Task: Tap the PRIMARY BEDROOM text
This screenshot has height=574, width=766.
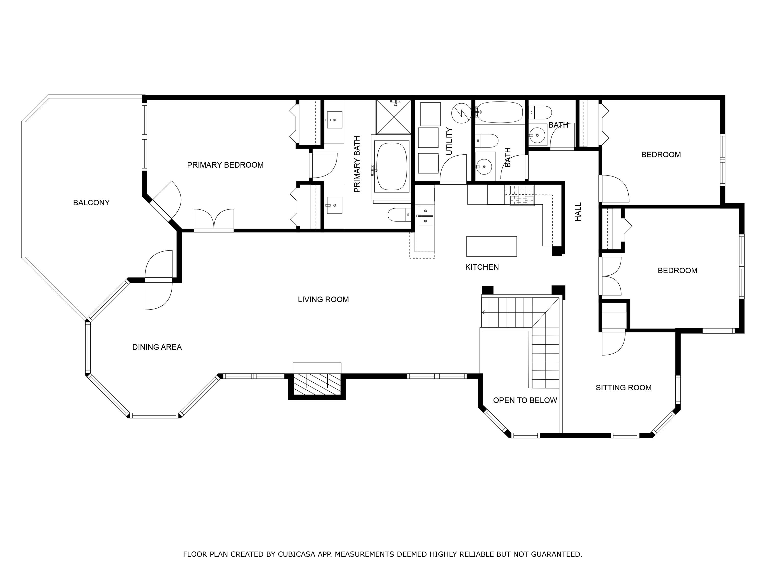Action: tap(225, 165)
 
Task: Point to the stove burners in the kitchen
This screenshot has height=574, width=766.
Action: tap(521, 195)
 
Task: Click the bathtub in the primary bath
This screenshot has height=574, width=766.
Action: tap(391, 167)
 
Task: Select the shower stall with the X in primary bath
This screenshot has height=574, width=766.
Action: tap(394, 117)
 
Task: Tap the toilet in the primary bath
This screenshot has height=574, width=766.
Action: tap(398, 215)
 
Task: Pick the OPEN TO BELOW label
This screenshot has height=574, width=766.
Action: tap(525, 400)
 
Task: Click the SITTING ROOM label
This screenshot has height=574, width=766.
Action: tap(623, 388)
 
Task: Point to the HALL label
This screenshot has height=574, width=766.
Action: tap(578, 212)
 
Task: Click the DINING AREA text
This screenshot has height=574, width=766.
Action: tap(157, 347)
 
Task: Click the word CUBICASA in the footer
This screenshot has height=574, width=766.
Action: tap(296, 554)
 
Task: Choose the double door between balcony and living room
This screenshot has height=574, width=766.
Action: tap(158, 280)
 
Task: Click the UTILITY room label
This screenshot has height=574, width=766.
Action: tap(449, 141)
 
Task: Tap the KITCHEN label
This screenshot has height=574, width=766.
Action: tap(482, 267)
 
